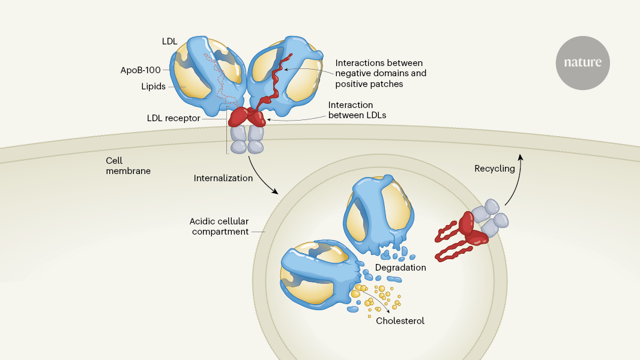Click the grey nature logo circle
pos(582,62)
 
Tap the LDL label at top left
pos(169,42)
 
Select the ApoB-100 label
pos(140,70)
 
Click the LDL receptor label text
pos(174,118)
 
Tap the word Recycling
pos(495,169)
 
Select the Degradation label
pos(400,267)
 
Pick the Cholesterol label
pos(400,321)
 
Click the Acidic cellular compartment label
pos(220,226)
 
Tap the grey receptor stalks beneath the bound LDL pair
pos(247,140)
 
